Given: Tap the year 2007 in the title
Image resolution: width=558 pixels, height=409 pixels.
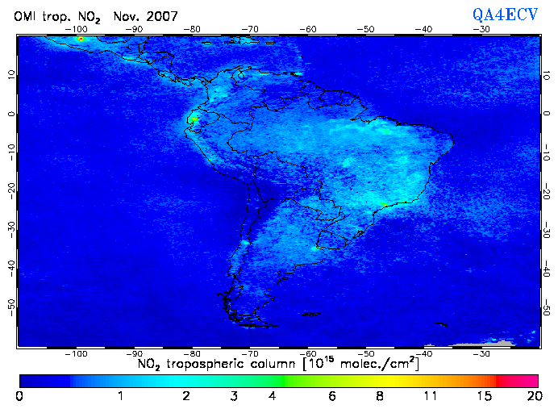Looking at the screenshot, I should tap(162, 16).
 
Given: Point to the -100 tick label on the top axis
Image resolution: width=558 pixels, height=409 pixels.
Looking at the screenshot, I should tap(77, 29).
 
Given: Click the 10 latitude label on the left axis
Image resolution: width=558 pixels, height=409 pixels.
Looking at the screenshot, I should tap(9, 73).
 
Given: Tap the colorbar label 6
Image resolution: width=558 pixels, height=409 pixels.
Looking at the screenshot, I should tap(332, 396).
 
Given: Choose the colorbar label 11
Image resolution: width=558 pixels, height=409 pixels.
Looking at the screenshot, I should tap(433, 396).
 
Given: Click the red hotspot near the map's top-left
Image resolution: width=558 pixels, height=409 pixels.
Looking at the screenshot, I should tap(80, 38).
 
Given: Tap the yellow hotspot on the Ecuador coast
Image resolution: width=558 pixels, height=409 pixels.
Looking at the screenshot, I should tap(194, 119).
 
